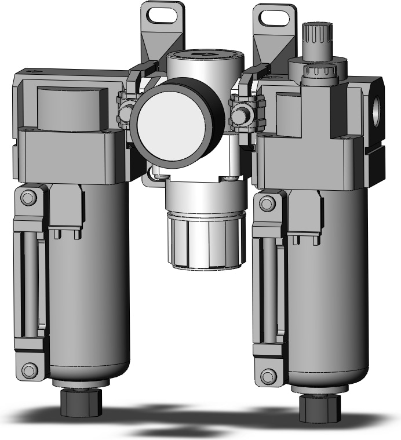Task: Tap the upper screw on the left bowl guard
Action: (x=27, y=198)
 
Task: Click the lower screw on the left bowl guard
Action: (x=28, y=369)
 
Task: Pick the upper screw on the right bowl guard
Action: (x=267, y=203)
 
